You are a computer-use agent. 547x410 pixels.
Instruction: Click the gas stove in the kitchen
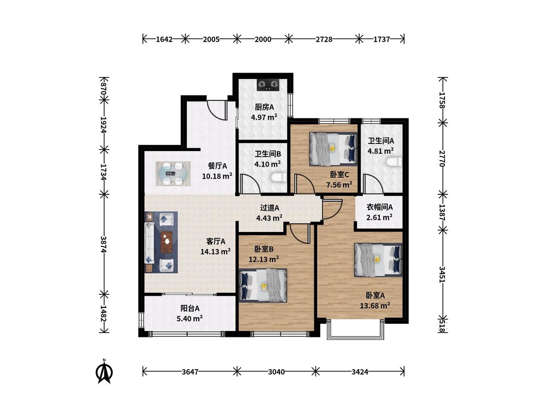[268, 85]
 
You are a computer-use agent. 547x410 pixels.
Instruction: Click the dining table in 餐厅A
[173, 173]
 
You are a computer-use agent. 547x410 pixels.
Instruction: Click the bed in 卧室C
[333, 149]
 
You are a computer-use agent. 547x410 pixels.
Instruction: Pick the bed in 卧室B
[263, 285]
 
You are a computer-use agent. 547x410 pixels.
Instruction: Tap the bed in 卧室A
[378, 260]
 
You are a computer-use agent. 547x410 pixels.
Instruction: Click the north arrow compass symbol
[104, 372]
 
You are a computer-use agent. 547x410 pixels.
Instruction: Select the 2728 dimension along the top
[324, 39]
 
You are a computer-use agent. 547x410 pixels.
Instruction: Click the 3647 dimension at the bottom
[190, 372]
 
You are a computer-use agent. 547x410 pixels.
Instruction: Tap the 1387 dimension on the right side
[442, 212]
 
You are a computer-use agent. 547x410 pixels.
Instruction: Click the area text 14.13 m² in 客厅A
[215, 252]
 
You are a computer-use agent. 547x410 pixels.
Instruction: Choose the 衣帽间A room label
[379, 207]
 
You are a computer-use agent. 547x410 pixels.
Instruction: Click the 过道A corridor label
[269, 208]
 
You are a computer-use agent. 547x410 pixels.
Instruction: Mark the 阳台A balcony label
[190, 308]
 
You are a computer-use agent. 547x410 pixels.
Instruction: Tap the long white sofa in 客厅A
[149, 243]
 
